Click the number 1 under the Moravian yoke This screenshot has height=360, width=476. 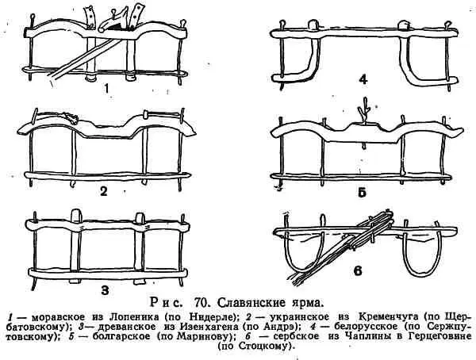106,88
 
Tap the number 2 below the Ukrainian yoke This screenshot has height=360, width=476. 103,191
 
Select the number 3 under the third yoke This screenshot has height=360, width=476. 105,290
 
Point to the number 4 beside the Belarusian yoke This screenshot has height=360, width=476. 363,79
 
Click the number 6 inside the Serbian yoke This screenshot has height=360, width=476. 359,270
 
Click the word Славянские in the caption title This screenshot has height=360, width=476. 250,303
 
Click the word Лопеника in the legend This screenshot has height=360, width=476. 131,317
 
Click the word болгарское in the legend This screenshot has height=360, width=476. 121,336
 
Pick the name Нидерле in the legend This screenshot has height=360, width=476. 213,317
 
